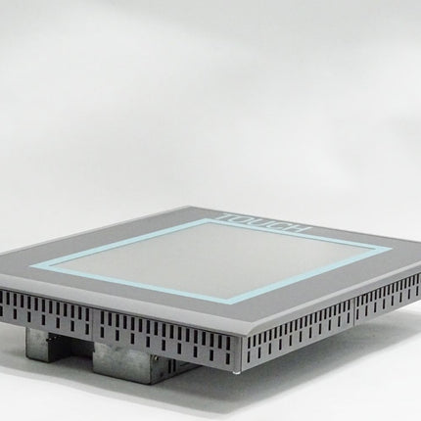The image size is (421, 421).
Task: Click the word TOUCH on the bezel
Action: coord(263,222)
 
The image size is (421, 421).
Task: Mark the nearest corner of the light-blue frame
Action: coord(236,302)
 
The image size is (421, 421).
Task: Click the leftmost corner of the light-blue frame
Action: coord(32,266)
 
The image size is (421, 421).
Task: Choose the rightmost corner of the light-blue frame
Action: coord(391,248)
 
